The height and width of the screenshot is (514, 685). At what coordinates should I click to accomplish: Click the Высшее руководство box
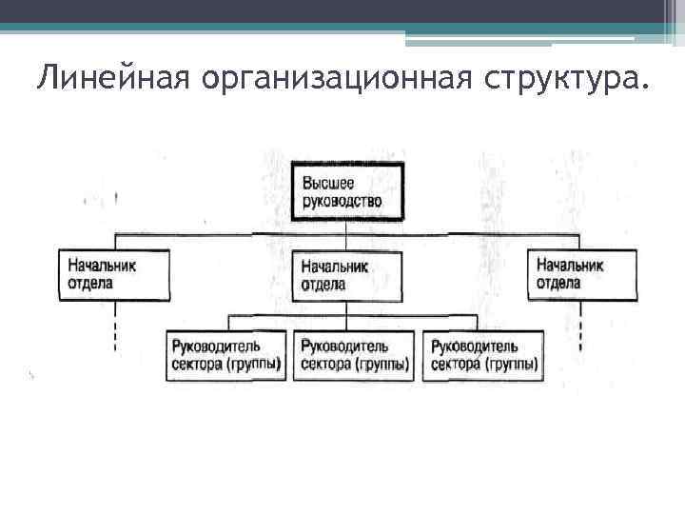(x=347, y=191)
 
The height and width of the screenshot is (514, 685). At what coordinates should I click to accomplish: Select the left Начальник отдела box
(x=115, y=275)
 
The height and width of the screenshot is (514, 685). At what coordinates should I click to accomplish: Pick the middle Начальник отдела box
(x=347, y=276)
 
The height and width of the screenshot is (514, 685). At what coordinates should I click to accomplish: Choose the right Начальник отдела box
(x=581, y=275)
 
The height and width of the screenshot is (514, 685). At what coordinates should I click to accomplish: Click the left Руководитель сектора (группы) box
(x=227, y=355)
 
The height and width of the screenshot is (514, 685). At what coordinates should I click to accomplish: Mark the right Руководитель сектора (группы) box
(x=484, y=355)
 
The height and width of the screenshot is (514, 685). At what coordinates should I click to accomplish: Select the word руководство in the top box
(x=343, y=200)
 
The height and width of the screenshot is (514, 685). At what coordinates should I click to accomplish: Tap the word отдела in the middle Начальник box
(x=323, y=285)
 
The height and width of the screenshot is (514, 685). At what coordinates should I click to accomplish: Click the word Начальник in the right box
(x=570, y=266)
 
